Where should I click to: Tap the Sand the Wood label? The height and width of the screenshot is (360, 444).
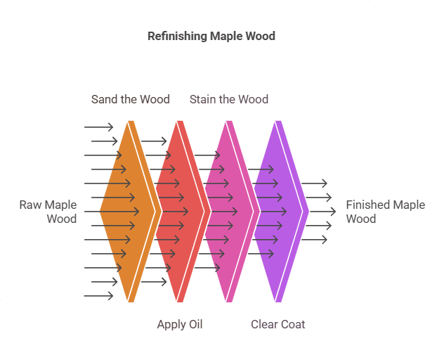tap(131, 99)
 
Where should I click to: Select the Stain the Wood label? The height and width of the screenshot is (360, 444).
tap(229, 99)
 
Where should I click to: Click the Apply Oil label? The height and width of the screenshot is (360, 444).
tap(180, 324)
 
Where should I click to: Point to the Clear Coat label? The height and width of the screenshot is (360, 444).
tap(278, 324)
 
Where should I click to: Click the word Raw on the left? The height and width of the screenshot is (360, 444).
tap(31, 205)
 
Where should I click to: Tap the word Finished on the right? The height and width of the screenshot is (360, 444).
tap(368, 205)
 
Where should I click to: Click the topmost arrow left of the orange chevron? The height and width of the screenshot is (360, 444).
tap(98, 127)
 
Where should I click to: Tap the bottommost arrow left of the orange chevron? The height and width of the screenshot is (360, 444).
tap(98, 296)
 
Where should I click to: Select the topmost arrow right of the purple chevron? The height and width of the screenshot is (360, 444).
tap(315, 184)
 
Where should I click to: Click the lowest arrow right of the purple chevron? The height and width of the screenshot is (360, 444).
tap(315, 240)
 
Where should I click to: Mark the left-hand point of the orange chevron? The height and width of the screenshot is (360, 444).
tap(101, 211)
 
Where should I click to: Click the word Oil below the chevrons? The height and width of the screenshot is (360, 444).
tap(195, 324)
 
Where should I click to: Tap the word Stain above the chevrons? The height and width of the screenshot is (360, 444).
tap(203, 99)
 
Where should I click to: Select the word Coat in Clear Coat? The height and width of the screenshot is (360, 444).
tap(293, 324)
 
